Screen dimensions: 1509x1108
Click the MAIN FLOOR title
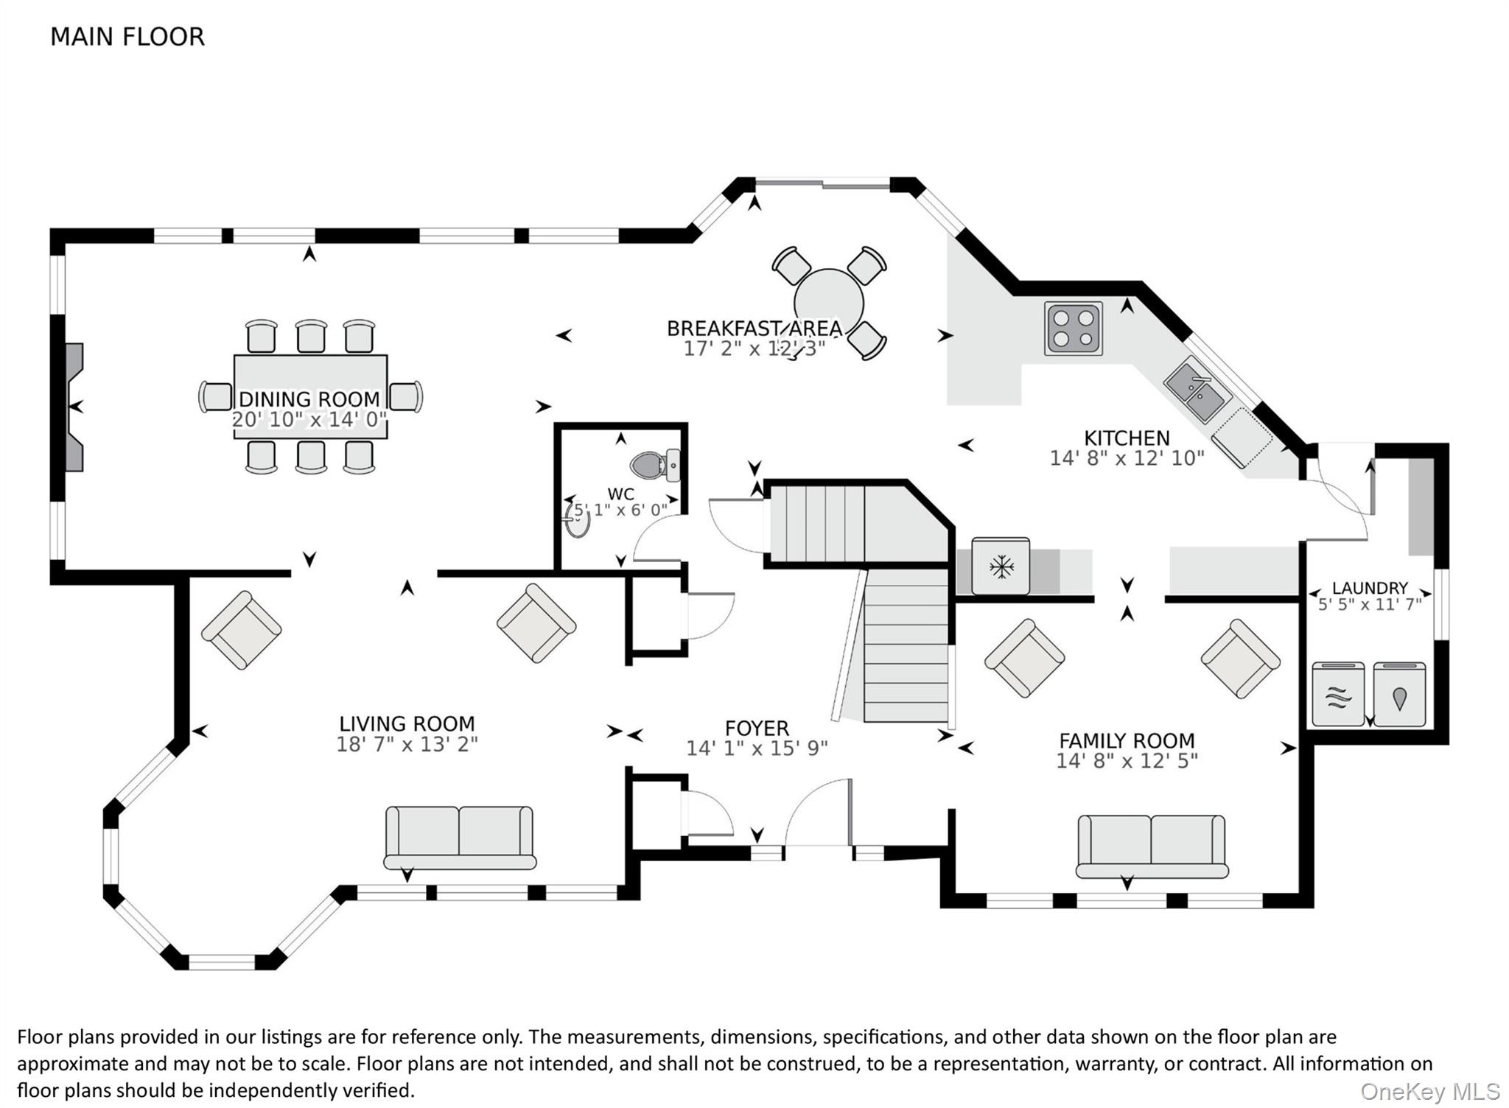click(127, 37)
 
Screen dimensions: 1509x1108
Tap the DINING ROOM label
click(309, 399)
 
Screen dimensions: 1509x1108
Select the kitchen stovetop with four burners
click(1074, 328)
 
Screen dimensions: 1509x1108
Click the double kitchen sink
click(1197, 388)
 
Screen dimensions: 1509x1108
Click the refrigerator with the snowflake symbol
click(1001, 566)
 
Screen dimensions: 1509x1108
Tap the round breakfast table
click(829, 303)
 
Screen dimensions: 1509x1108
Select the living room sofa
click(460, 838)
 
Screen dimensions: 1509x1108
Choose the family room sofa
click(1152, 846)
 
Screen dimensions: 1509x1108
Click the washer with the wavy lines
click(1339, 694)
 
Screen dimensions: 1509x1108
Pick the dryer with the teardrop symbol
click(1399, 694)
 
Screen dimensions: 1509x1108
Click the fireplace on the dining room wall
click(74, 407)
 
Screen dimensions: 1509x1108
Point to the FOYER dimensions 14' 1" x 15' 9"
click(757, 748)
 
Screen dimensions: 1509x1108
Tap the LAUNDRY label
click(1370, 588)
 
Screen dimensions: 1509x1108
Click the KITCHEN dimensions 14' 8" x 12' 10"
click(1127, 458)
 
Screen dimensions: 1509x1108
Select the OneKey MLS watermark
click(1429, 1091)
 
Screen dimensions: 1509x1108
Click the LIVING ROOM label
click(407, 724)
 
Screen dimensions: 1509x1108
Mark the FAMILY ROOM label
click(1127, 740)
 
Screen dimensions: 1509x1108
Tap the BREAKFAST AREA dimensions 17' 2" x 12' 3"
click(754, 348)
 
